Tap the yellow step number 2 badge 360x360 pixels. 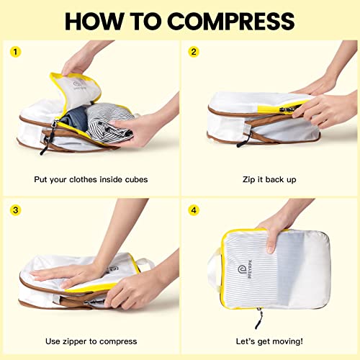193,52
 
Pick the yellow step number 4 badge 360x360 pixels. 193,211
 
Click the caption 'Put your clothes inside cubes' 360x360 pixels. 91,179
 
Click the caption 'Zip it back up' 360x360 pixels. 269,179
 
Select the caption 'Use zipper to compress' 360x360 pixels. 91,341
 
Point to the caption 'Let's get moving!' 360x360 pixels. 269,341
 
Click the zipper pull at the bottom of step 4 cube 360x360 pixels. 258,315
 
